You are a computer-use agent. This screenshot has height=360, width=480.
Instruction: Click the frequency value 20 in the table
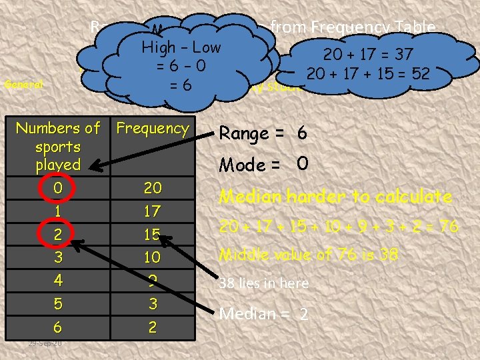point(153,187)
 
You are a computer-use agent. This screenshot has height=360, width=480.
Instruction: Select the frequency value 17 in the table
point(153,211)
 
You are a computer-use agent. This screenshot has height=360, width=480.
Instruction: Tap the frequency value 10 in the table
point(153,257)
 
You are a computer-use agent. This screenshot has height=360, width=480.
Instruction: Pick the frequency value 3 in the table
point(153,304)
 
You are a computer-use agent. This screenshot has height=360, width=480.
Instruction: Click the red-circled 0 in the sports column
point(58,188)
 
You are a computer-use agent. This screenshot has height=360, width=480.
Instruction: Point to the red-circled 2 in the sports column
point(58,234)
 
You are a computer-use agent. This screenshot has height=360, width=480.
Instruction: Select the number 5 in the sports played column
point(58,304)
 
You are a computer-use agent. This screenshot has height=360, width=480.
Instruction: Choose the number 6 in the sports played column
point(58,327)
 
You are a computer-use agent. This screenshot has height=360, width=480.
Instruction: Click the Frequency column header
point(153,128)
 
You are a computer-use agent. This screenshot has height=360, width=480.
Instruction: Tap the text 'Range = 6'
point(263,133)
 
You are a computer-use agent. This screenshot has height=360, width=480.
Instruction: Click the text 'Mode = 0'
point(263,164)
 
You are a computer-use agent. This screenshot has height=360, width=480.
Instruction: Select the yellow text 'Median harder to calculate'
point(336,197)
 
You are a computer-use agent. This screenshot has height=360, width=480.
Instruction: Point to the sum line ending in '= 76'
point(339,226)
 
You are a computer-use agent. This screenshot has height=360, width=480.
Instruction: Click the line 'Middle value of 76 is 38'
point(309,254)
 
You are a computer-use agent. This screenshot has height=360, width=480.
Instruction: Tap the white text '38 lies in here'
point(264,283)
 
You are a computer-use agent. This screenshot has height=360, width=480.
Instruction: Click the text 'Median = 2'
point(264,313)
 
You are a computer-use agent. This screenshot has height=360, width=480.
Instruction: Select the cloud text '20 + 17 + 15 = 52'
point(367,73)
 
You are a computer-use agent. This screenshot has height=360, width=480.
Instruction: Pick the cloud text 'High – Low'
point(181,47)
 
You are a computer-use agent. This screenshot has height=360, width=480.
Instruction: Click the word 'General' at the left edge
point(23,85)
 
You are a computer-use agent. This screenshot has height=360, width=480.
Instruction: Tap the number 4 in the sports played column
point(58,281)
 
